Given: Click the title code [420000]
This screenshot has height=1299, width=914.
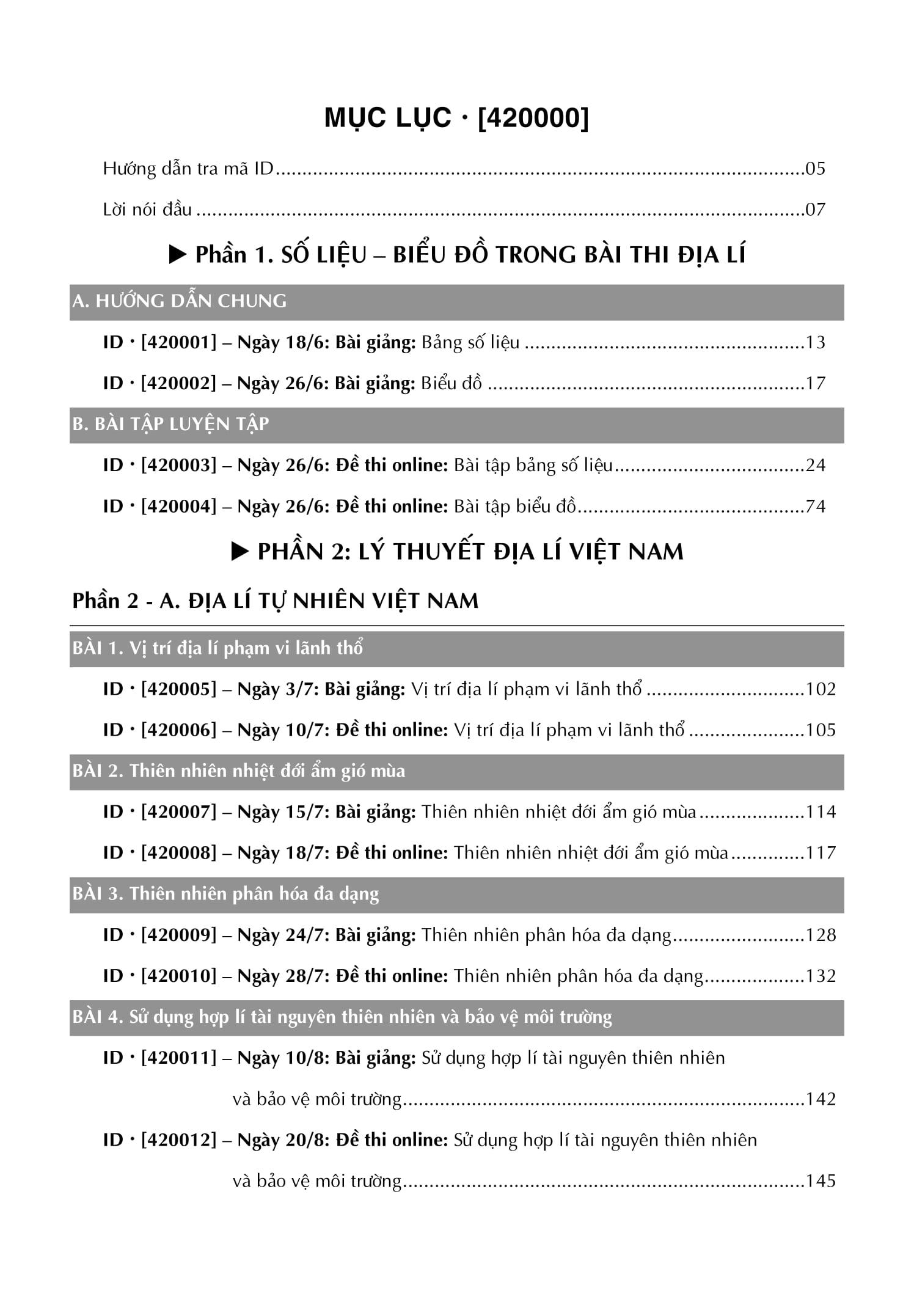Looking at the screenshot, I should pyautogui.click(x=533, y=118).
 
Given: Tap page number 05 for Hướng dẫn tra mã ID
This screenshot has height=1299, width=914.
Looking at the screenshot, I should pyautogui.click(x=815, y=169).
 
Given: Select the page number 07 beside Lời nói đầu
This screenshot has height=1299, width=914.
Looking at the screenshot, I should pyautogui.click(x=815, y=210).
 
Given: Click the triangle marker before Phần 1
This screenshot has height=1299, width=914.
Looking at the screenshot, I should pyautogui.click(x=178, y=255).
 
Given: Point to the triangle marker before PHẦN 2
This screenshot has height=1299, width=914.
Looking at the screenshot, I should pyautogui.click(x=240, y=552).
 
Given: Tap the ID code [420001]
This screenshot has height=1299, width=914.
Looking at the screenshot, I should pyautogui.click(x=179, y=342).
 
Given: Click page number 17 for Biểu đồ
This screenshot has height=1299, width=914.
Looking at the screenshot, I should pyautogui.click(x=816, y=383).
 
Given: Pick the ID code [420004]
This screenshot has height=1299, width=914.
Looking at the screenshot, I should pyautogui.click(x=179, y=506).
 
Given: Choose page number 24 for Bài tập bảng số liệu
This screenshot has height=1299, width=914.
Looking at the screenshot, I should pyautogui.click(x=816, y=465).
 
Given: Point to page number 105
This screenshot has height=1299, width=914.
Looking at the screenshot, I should pyautogui.click(x=821, y=730).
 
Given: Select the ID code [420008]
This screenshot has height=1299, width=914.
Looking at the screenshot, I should pyautogui.click(x=179, y=853).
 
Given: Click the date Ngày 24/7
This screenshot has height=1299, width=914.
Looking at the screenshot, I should pyautogui.click(x=283, y=935).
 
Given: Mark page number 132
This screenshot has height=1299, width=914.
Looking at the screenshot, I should pyautogui.click(x=821, y=976).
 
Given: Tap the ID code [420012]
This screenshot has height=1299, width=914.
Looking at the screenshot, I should pyautogui.click(x=179, y=1140).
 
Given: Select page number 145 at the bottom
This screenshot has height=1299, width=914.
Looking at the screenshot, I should pyautogui.click(x=821, y=1181).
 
